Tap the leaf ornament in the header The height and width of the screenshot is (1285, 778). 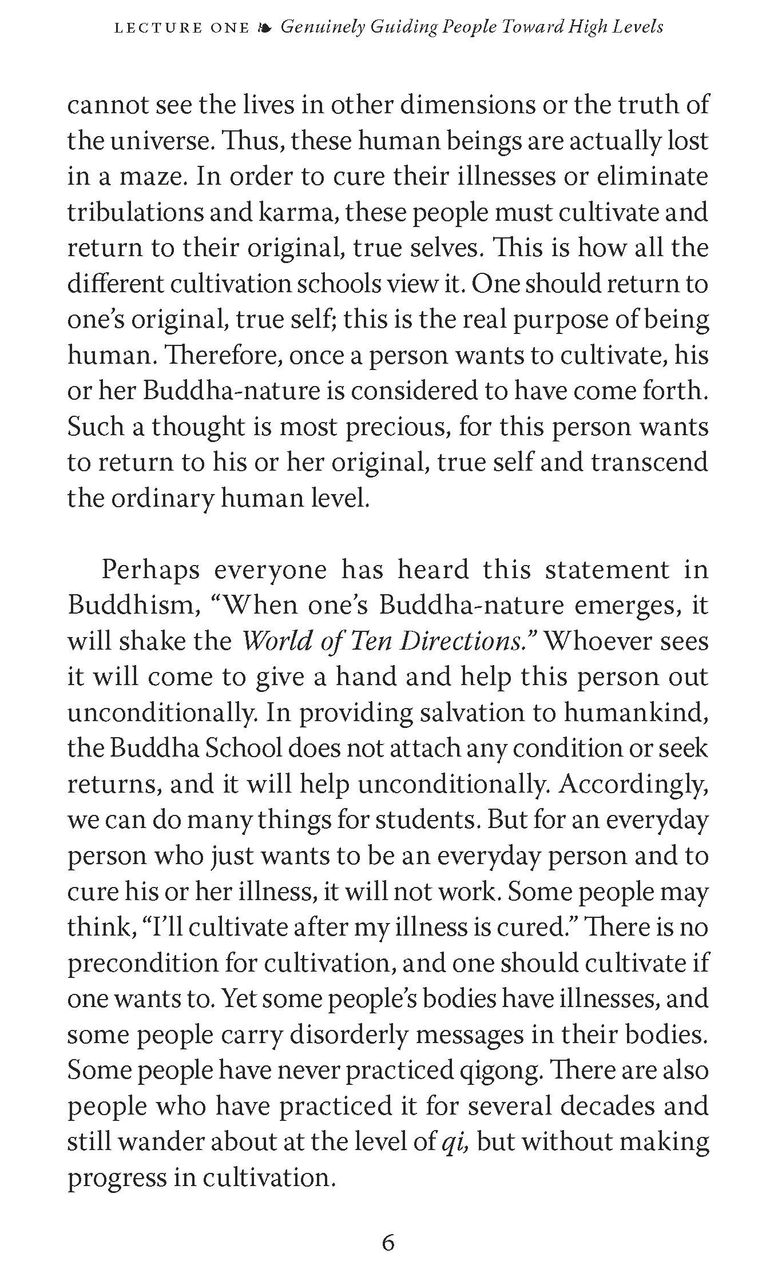click(x=265, y=27)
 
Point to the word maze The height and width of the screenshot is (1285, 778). click(x=153, y=177)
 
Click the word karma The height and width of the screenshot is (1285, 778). click(x=293, y=213)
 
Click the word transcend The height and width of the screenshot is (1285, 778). click(x=649, y=463)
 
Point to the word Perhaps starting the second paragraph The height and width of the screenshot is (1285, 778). click(x=150, y=570)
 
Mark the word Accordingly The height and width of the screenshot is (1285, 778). click(x=634, y=785)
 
